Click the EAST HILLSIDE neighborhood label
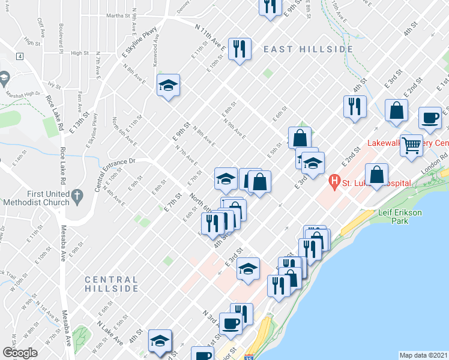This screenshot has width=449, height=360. click(307, 49)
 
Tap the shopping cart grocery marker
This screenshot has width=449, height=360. click(412, 145)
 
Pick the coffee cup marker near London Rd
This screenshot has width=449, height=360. click(430, 118)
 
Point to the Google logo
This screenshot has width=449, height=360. click(20, 353)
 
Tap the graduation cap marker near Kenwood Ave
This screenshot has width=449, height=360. click(169, 86)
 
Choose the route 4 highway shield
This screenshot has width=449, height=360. click(20, 56)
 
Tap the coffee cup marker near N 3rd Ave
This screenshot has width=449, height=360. click(231, 324)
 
